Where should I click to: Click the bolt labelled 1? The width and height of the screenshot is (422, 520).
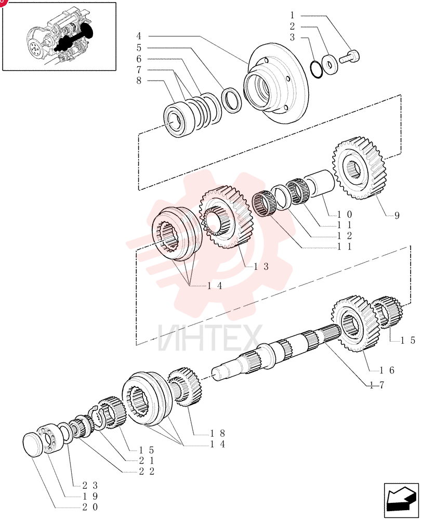pyautogui.click(x=349, y=56)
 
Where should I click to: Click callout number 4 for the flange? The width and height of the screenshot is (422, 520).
pyautogui.click(x=139, y=36)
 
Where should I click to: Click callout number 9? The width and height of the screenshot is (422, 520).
pyautogui.click(x=397, y=216)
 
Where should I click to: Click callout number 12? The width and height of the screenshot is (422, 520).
pyautogui.click(x=345, y=236)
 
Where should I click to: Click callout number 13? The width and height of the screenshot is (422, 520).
pyautogui.click(x=261, y=266)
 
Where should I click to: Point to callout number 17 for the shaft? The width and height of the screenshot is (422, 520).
pyautogui.click(x=377, y=385)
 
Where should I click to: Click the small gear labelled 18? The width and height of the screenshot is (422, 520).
pyautogui.click(x=184, y=387)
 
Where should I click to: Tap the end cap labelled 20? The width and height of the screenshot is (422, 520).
pyautogui.click(x=33, y=445)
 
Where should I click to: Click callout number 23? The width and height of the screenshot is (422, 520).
pyautogui.click(x=90, y=486)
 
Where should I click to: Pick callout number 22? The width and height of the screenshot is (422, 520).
pyautogui.click(x=147, y=471)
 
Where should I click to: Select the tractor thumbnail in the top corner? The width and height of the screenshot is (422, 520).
pyautogui.click(x=59, y=36)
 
